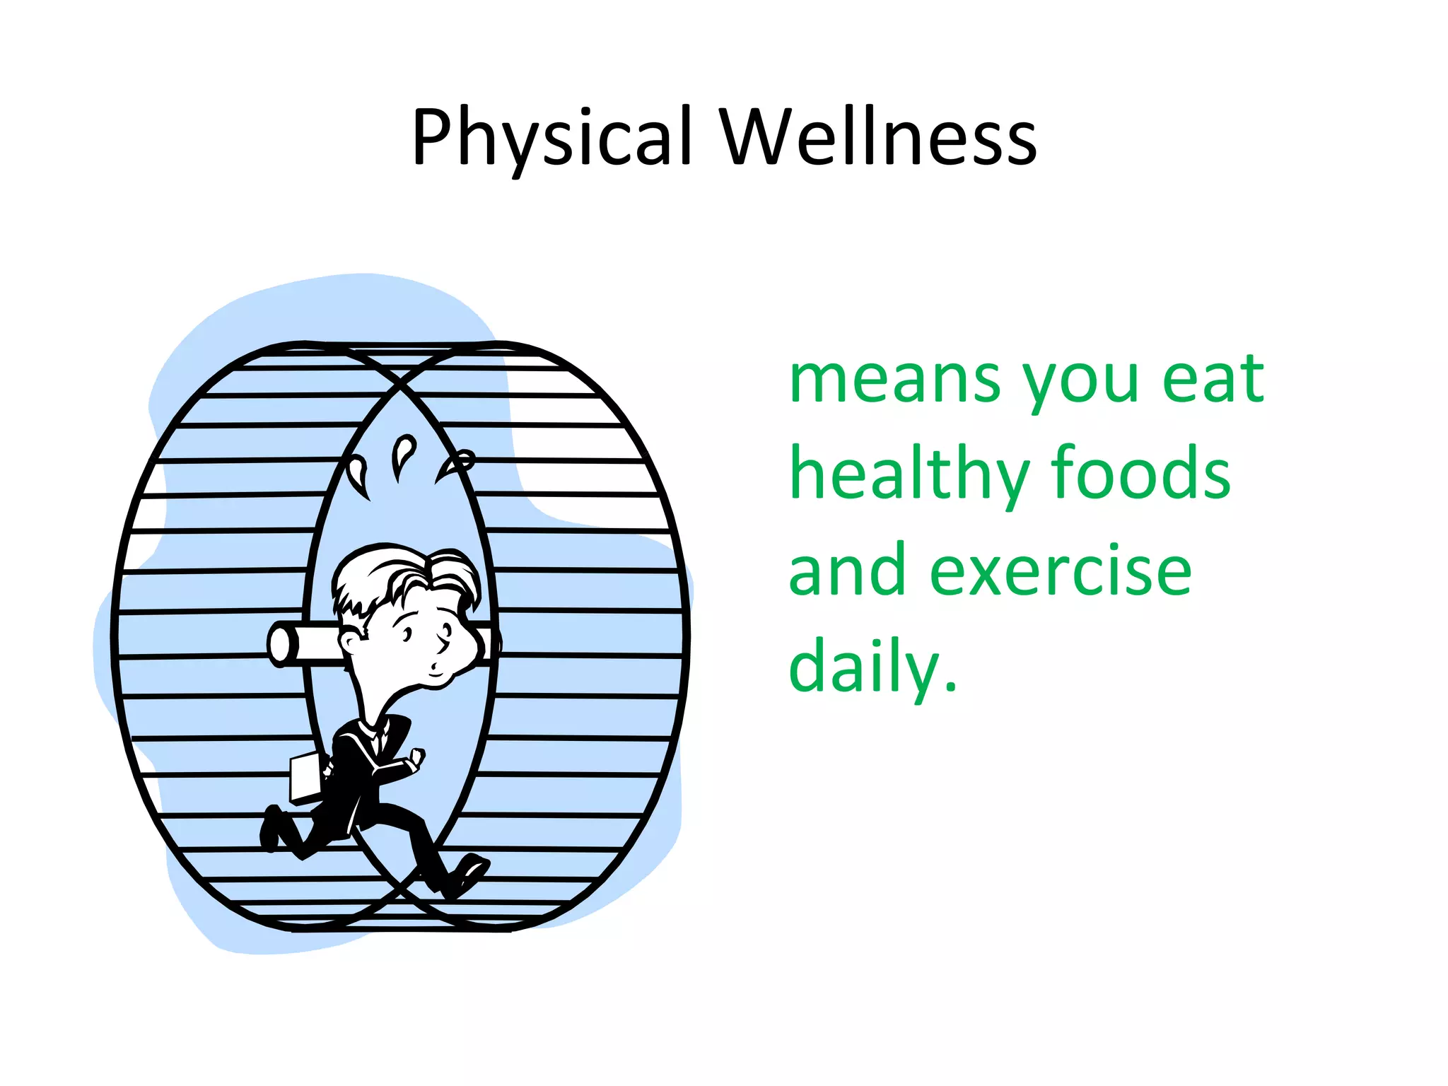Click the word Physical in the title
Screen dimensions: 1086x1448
(x=551, y=138)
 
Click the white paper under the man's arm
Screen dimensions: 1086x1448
(x=305, y=778)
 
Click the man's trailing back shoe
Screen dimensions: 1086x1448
(x=270, y=827)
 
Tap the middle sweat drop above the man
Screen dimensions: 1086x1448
(x=404, y=452)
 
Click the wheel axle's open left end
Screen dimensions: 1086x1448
(x=279, y=644)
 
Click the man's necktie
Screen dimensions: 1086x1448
(x=380, y=740)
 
